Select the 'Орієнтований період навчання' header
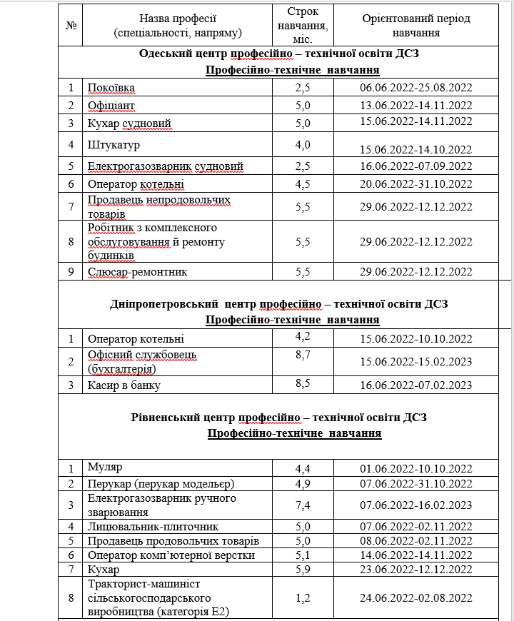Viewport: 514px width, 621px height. click(416, 25)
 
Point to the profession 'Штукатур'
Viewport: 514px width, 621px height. click(114, 145)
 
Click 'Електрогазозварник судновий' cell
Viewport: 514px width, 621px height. click(166, 166)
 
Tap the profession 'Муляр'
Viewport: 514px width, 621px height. click(105, 468)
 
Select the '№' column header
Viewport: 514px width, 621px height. click(71, 25)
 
